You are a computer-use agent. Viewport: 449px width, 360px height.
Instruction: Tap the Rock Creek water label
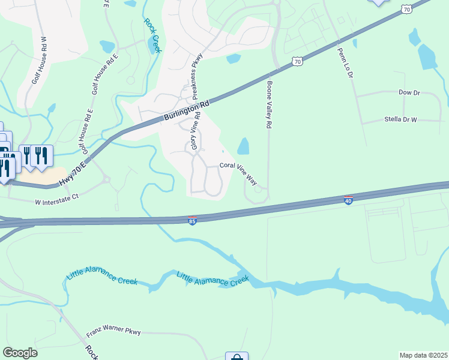tap(152, 35)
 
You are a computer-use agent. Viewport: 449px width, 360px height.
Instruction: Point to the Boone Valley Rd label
tap(270, 104)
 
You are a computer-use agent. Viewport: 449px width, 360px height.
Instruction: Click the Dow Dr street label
tap(409, 93)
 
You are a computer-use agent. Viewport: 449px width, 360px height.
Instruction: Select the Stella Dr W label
tap(400, 119)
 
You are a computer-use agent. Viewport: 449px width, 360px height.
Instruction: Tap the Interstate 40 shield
tap(348, 200)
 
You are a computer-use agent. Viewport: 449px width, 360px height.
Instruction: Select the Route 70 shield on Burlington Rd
tap(297, 61)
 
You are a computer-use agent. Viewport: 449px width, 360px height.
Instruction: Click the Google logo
tap(20, 353)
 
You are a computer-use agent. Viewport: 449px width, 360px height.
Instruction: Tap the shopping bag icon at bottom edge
tap(237, 356)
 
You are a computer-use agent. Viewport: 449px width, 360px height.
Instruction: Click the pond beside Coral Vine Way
tap(243, 146)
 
